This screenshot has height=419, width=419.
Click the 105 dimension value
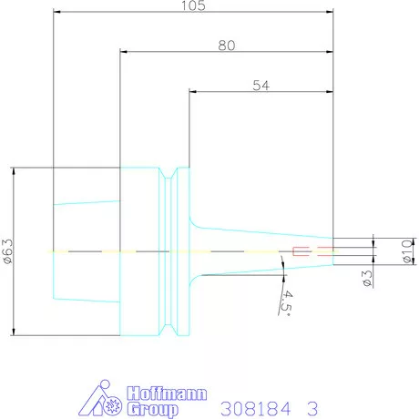click(x=193, y=6)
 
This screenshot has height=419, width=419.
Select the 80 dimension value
click(x=227, y=46)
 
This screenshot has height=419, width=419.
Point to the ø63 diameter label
click(x=7, y=250)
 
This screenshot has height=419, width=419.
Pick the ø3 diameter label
click(x=367, y=279)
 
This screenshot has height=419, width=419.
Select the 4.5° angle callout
click(x=288, y=301)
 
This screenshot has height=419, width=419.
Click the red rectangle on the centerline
click(x=301, y=250)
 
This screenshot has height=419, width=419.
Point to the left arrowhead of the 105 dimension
click(x=57, y=13)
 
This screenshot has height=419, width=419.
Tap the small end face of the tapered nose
click(x=332, y=250)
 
